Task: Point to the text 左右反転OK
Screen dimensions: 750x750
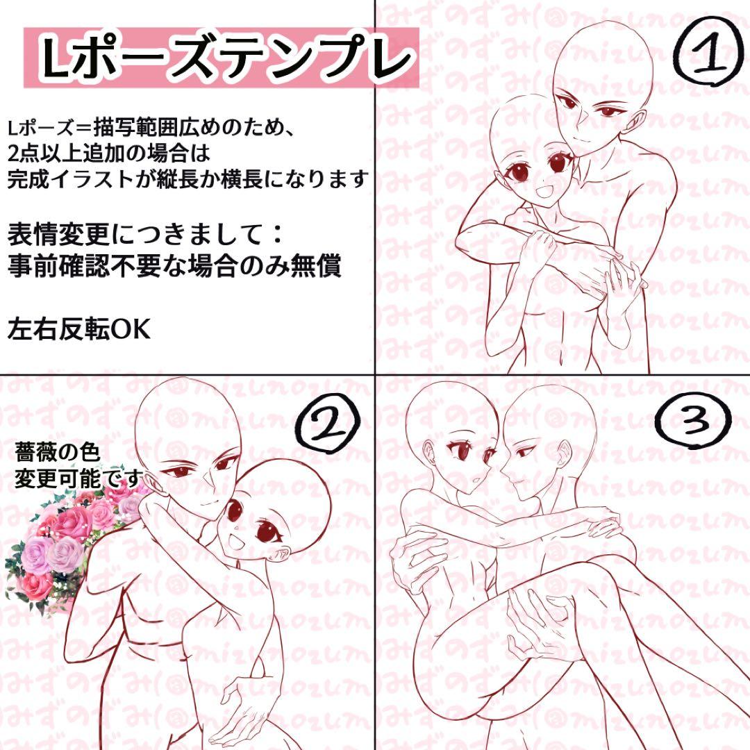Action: [78, 329]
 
